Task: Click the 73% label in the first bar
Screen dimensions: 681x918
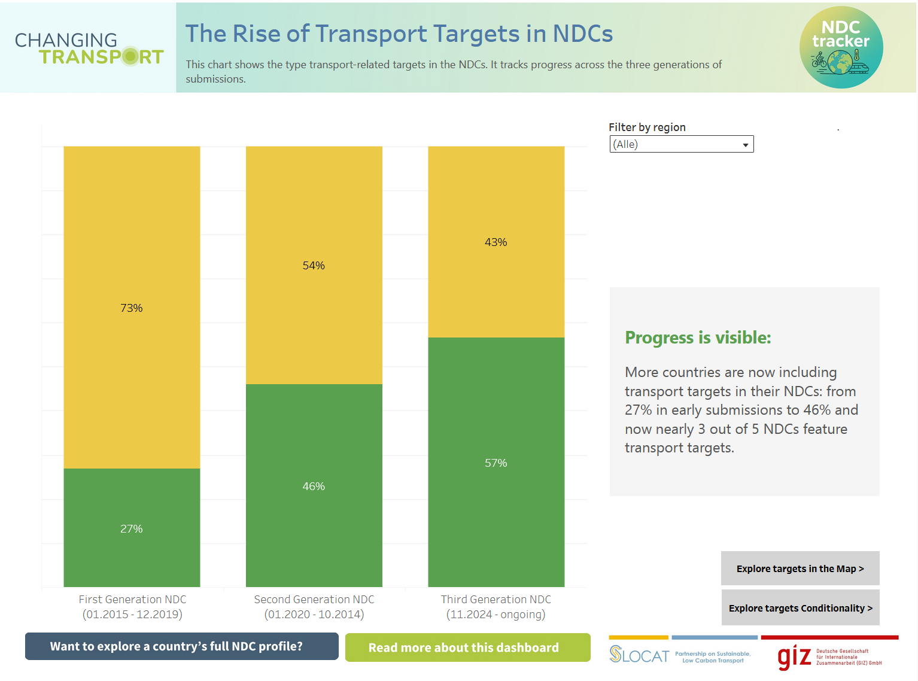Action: pyautogui.click(x=132, y=308)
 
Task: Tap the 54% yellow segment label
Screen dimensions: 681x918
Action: pyautogui.click(x=314, y=266)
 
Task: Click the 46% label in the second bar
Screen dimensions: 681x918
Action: pyautogui.click(x=314, y=487)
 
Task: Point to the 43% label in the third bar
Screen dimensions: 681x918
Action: pyautogui.click(x=496, y=242)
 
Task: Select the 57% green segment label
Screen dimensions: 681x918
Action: pyautogui.click(x=496, y=463)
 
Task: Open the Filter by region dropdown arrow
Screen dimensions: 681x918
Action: pyautogui.click(x=745, y=145)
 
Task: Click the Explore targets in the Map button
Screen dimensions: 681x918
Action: pyautogui.click(x=800, y=568)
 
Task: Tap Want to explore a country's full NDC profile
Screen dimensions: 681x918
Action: pyautogui.click(x=181, y=646)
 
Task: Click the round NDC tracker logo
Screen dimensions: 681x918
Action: pyautogui.click(x=841, y=47)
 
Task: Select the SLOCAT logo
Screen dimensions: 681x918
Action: pyautogui.click(x=639, y=655)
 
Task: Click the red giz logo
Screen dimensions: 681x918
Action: pyautogui.click(x=794, y=657)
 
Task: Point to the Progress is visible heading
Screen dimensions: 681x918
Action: pyautogui.click(x=698, y=338)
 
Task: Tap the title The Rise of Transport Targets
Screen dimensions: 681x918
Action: pyautogui.click(x=399, y=34)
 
